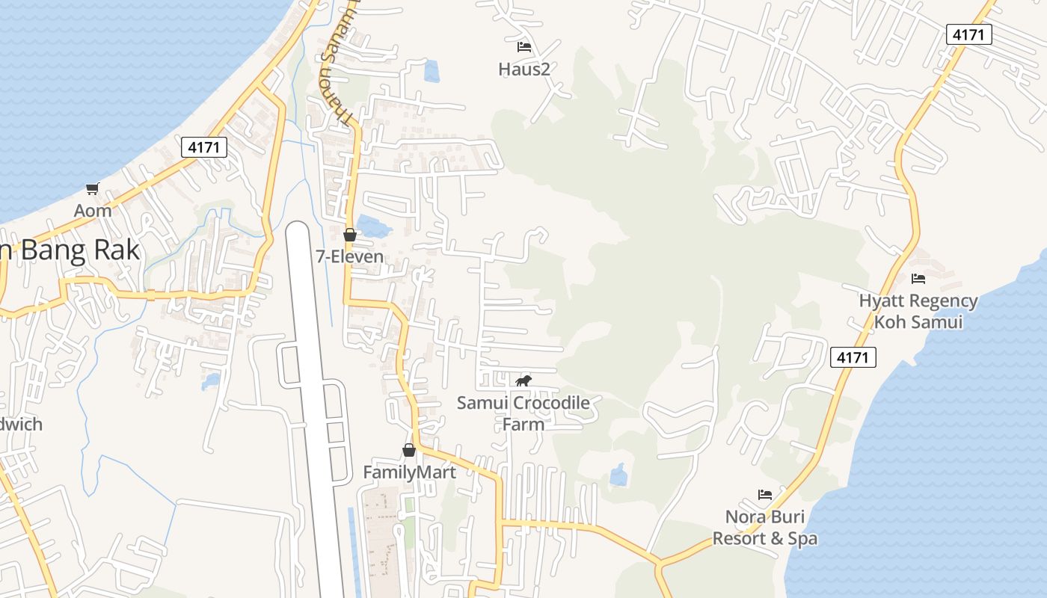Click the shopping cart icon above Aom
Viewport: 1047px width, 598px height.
tap(92, 188)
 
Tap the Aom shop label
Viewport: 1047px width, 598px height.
tap(93, 211)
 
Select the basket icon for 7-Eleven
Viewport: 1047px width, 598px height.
tap(349, 235)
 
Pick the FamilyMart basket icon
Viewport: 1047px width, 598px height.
tap(408, 450)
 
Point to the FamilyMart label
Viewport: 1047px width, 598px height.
tap(409, 472)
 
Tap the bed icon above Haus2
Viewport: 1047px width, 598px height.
tap(524, 47)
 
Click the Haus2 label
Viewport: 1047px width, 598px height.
tap(524, 70)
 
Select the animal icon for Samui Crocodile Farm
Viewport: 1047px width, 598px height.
tap(523, 381)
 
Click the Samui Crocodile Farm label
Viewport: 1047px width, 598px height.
tap(523, 413)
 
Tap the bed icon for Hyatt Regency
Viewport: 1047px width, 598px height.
tap(918, 279)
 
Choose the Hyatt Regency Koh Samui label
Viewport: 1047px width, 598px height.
tap(918, 312)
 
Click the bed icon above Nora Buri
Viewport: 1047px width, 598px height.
tap(764, 495)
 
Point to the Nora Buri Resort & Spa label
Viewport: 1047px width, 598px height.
tap(764, 528)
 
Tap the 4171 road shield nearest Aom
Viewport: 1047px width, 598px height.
tap(203, 147)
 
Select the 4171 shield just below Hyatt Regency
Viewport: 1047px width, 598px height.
tap(853, 357)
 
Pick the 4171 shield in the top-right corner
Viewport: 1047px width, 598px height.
tap(968, 34)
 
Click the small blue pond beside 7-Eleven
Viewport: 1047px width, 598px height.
tap(372, 226)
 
